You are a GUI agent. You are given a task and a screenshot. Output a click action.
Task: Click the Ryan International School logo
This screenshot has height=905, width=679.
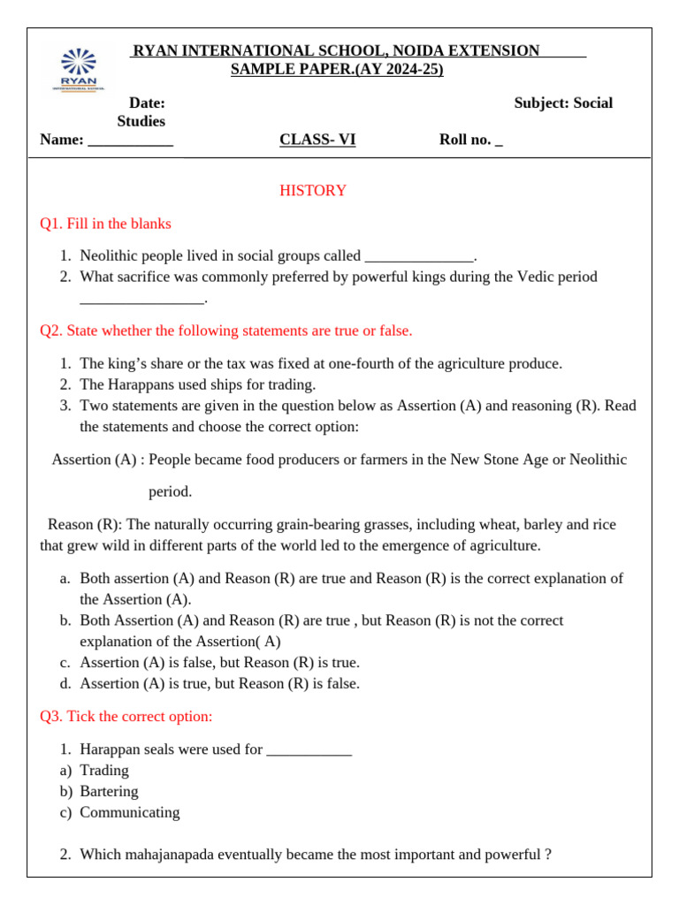(80, 69)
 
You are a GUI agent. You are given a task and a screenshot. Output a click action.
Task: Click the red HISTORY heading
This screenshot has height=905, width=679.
(313, 191)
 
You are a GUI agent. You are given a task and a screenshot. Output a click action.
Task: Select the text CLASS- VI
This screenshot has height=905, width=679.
(317, 139)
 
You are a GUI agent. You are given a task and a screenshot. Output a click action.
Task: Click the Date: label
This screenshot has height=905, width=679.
(147, 103)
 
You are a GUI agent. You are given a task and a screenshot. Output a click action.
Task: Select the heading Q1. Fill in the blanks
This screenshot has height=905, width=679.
(105, 224)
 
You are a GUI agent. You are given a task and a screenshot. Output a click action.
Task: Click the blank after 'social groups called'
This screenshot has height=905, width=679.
(419, 256)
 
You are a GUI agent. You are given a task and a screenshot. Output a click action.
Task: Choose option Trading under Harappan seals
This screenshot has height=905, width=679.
(104, 770)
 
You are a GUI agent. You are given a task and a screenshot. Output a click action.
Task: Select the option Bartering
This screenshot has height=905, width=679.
(109, 791)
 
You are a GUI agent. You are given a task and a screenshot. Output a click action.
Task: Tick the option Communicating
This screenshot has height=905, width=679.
(129, 812)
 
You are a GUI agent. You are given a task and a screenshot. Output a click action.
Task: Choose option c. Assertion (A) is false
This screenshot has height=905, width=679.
(219, 662)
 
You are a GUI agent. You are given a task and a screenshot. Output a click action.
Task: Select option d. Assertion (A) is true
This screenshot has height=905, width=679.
(219, 683)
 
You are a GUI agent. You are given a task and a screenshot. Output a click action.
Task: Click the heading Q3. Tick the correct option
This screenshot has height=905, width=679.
(126, 716)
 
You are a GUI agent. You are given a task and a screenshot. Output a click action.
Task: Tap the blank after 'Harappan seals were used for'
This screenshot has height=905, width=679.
(309, 749)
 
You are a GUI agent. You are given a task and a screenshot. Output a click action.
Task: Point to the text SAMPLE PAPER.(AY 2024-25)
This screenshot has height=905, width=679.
(337, 69)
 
